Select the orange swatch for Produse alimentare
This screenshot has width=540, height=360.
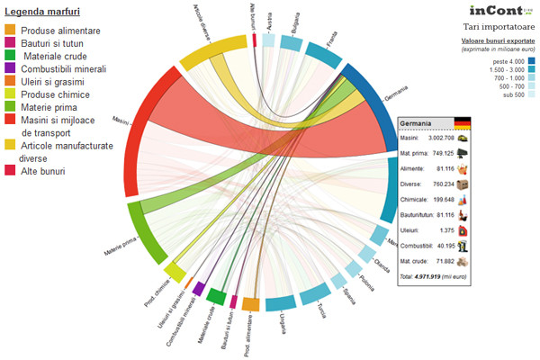10,31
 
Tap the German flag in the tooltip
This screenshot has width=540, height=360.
463,123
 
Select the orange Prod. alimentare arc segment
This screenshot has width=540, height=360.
251,304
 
